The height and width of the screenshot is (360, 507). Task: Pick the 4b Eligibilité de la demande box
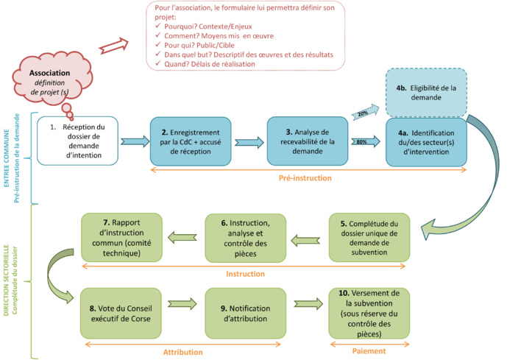pos(426,93)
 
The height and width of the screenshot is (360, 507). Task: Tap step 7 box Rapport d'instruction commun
pos(121,237)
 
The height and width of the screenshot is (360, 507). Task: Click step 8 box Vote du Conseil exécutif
pos(121,314)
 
